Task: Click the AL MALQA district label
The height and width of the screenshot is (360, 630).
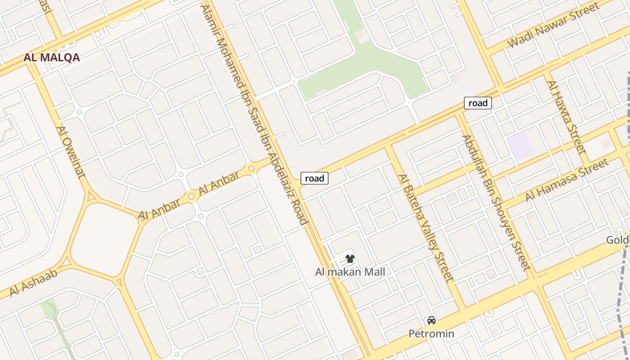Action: point(52,58)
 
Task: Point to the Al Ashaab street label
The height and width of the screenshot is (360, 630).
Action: point(34,282)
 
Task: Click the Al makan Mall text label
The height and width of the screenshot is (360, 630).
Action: point(350,272)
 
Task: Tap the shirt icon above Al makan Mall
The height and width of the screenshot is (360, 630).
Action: point(350,259)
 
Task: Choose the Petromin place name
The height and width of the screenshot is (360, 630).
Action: point(431,334)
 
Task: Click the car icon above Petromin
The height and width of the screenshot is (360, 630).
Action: point(431,320)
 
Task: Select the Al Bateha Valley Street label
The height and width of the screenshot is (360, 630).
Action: point(425,228)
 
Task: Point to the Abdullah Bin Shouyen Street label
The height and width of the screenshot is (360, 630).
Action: point(494,202)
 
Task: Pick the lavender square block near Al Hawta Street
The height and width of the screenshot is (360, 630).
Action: point(521,146)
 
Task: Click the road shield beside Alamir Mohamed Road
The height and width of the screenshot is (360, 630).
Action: point(315,178)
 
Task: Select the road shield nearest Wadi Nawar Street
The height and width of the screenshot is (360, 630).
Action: point(478,103)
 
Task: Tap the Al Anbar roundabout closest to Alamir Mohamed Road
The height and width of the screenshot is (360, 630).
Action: point(251,169)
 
